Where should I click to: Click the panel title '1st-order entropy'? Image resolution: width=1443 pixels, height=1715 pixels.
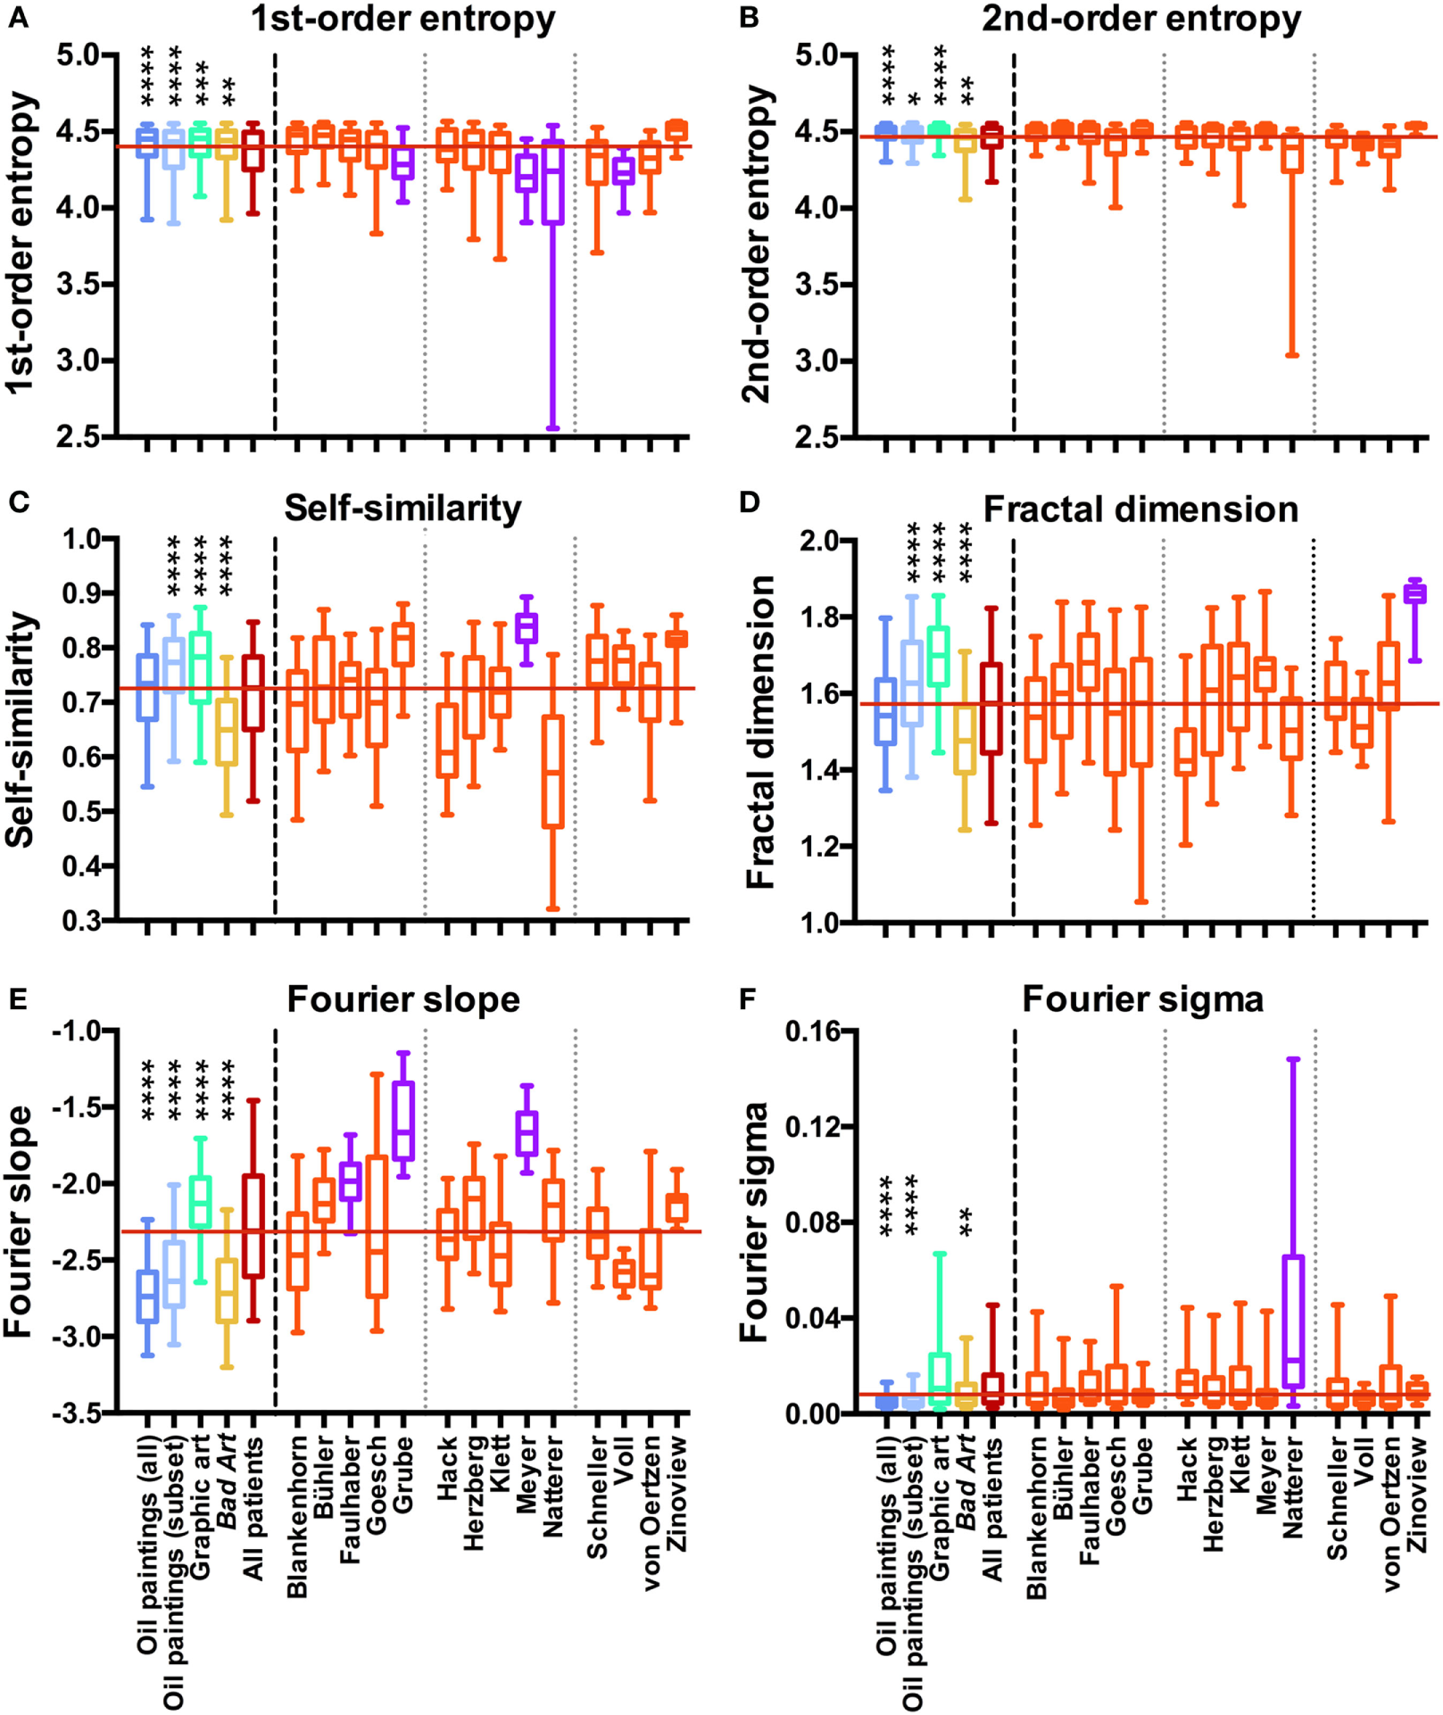click(402, 19)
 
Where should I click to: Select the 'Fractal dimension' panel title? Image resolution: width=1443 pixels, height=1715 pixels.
click(1140, 510)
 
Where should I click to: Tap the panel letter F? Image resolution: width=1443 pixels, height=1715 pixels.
click(749, 999)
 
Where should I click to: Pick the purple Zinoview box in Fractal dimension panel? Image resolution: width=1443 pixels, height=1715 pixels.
click(1414, 594)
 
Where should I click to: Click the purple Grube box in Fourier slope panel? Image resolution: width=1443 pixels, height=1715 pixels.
click(404, 1121)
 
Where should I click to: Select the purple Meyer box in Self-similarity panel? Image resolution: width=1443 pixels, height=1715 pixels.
click(527, 627)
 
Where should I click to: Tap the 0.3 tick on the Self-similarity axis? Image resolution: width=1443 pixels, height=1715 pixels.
click(81, 920)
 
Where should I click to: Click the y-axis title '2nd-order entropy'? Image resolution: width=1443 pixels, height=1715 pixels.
click(756, 244)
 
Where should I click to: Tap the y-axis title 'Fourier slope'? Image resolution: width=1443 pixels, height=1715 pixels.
click(18, 1222)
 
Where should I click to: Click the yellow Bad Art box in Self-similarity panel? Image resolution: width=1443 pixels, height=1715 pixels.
click(228, 731)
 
